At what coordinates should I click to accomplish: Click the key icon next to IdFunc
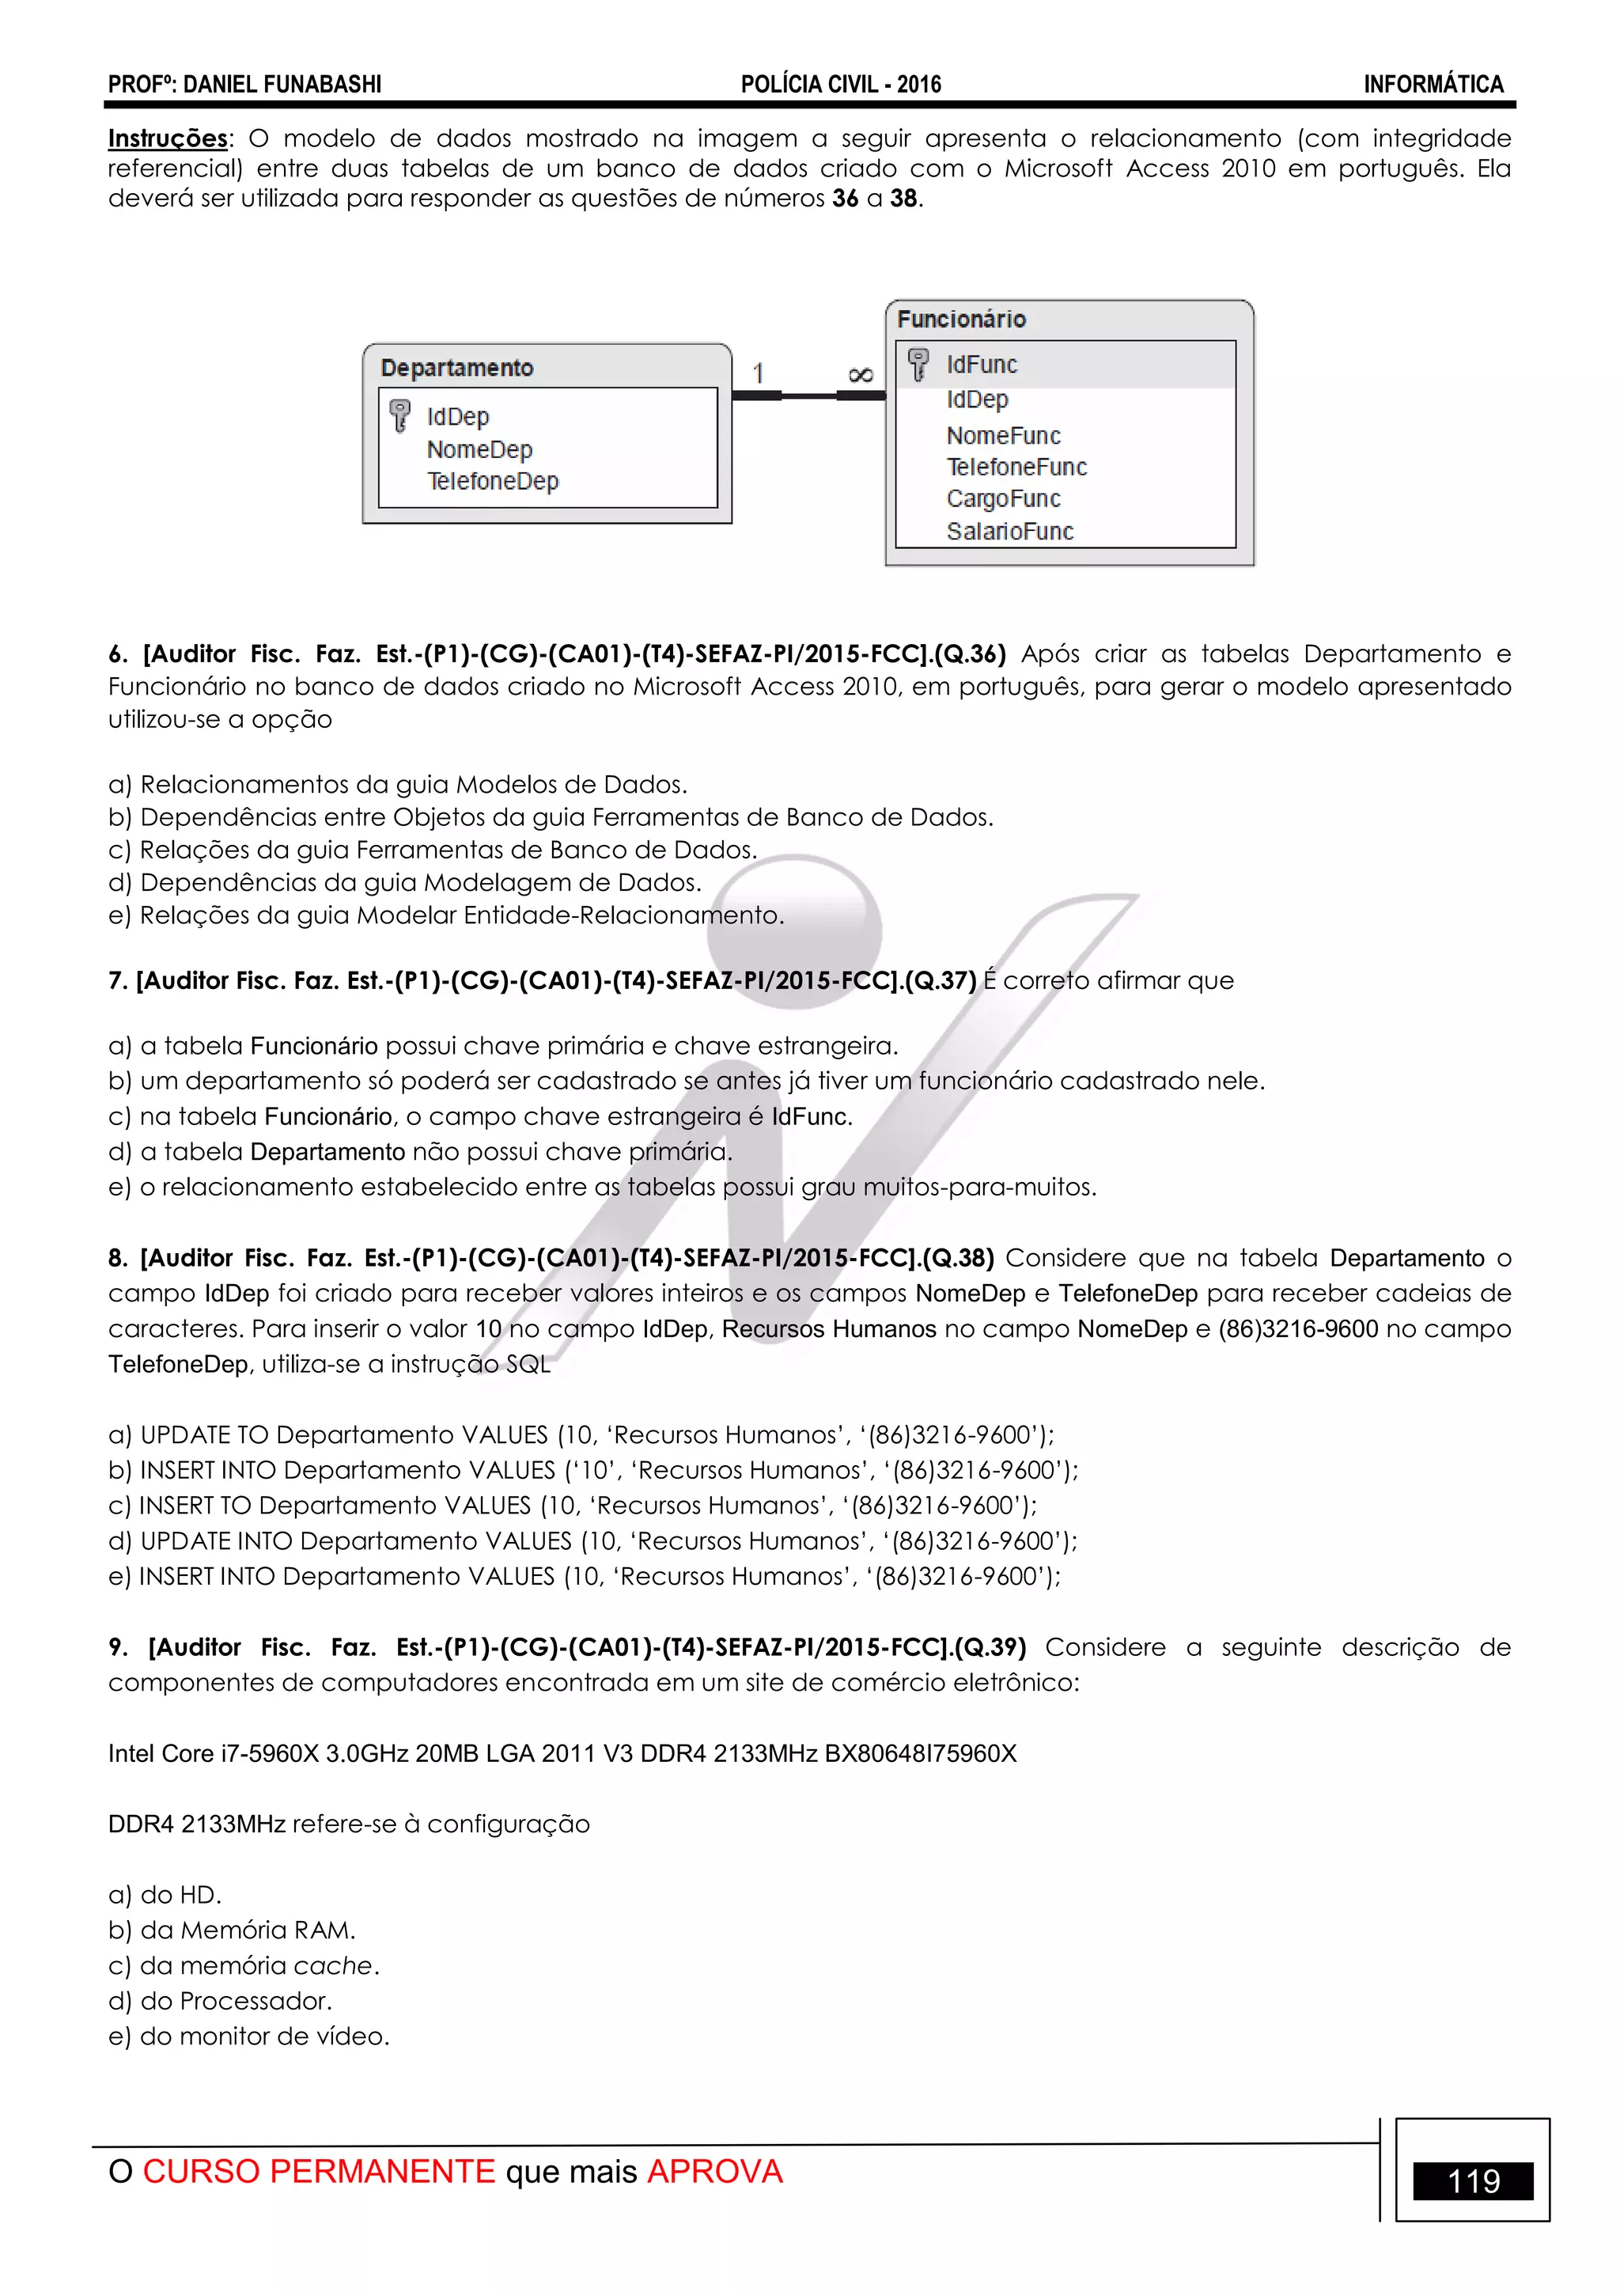tap(918, 365)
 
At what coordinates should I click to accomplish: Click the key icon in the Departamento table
tap(400, 415)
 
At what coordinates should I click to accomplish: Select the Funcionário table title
tap(961, 320)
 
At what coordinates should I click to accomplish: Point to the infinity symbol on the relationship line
tap(861, 374)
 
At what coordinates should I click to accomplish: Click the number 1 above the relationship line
tap(759, 373)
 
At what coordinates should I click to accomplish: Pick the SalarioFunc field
tap(1009, 531)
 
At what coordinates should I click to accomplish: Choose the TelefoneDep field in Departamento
tap(492, 481)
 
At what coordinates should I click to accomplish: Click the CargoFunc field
tap(1003, 498)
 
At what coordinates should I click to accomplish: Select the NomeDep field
tap(479, 449)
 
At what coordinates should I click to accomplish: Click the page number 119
tap(1474, 2181)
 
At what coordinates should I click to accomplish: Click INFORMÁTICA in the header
tap(1433, 85)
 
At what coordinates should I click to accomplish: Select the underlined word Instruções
tap(168, 138)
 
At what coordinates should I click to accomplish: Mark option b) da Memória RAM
tap(232, 1930)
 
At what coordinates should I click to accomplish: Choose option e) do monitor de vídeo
tap(248, 2036)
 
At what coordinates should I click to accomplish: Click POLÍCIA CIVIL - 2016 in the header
tap(840, 85)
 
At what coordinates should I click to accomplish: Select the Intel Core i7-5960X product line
tap(562, 1753)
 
